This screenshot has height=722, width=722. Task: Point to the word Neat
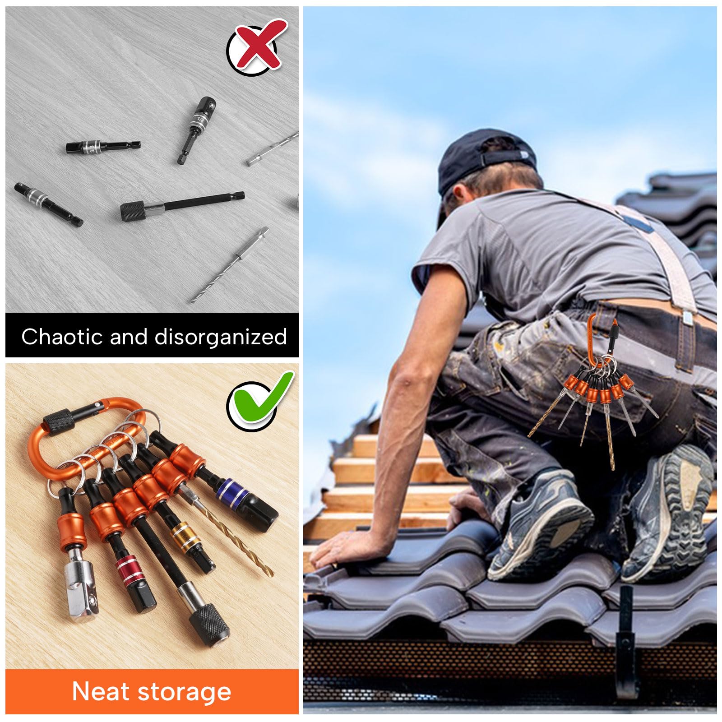pyautogui.click(x=100, y=691)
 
